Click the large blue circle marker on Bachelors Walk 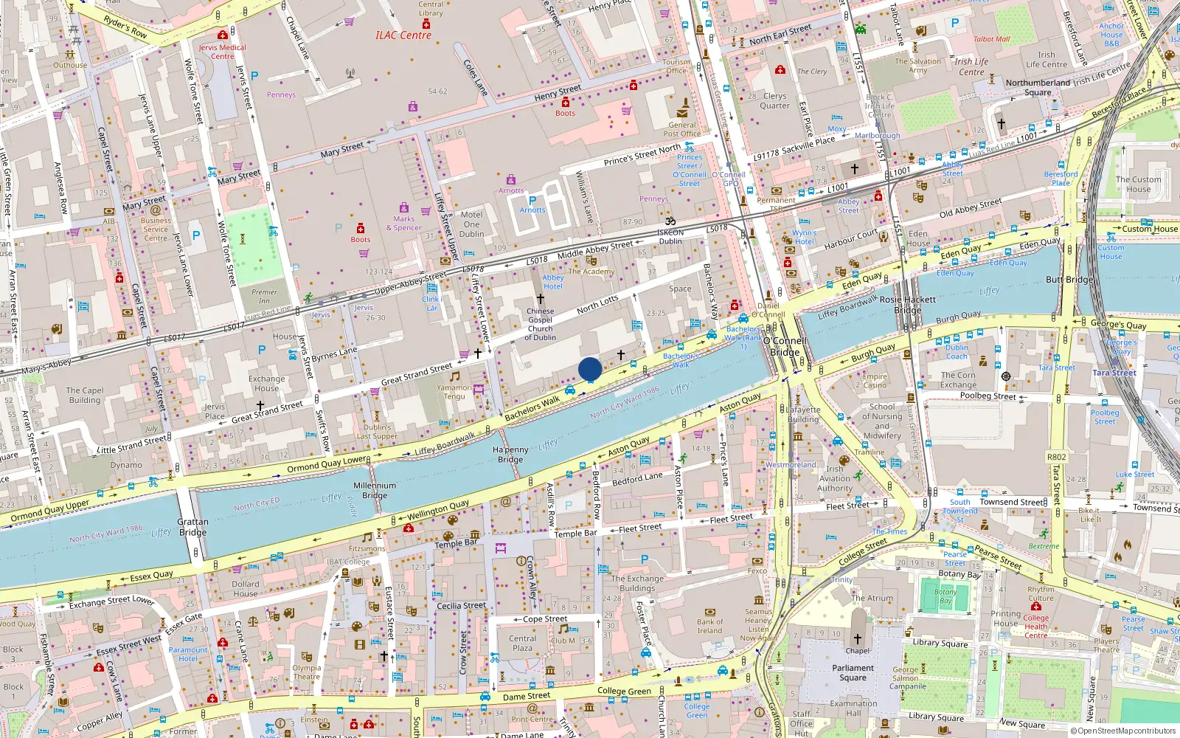tap(590, 368)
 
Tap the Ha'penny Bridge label tap(510, 454)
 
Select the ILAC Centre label tap(403, 35)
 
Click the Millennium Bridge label tap(375, 490)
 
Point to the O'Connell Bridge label tap(785, 346)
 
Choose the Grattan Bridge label tap(192, 527)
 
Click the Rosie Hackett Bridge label tap(907, 305)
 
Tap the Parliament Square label tap(853, 672)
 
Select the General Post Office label tap(682, 129)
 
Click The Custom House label tap(1138, 184)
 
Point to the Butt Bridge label tap(1069, 280)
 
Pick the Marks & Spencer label tap(404, 223)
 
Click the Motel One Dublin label tap(472, 224)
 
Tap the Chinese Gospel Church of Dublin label tap(541, 324)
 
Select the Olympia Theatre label tap(306, 672)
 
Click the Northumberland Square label tap(1038, 87)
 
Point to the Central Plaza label tap(522, 643)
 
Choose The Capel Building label tap(85, 395)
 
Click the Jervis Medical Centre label tap(222, 52)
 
